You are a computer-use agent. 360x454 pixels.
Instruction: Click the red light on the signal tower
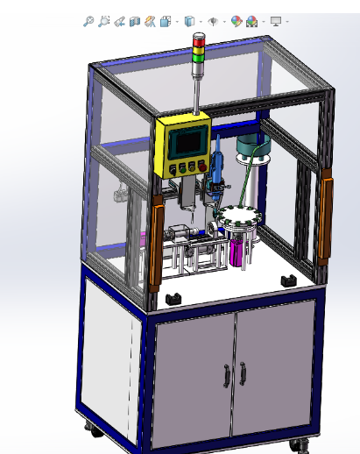pyautogui.click(x=199, y=39)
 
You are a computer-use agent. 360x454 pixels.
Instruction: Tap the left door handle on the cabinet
pyautogui.click(x=226, y=375)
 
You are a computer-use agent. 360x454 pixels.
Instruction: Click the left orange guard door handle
pyautogui.click(x=158, y=244)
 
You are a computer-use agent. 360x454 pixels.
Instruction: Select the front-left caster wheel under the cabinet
pyautogui.click(x=90, y=429)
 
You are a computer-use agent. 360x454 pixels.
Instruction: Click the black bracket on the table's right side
pyautogui.click(x=286, y=279)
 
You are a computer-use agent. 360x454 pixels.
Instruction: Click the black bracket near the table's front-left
pyautogui.click(x=173, y=299)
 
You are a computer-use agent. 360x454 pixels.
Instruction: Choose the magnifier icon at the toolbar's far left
pyautogui.click(x=88, y=21)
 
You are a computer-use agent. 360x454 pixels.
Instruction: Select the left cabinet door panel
pyautogui.click(x=193, y=377)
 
